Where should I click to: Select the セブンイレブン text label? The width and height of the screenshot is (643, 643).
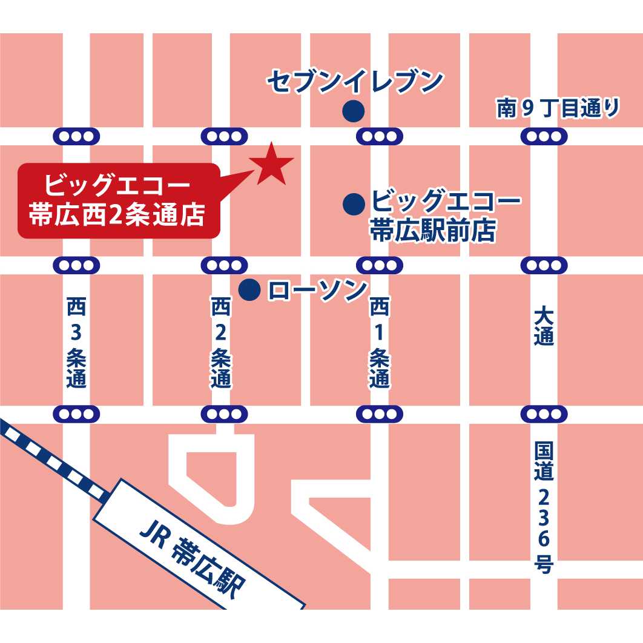point(356,82)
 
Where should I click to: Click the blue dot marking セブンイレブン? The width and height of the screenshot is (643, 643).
point(353,111)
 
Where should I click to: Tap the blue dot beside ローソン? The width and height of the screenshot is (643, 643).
point(249,290)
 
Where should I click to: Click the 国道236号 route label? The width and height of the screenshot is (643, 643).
point(544,507)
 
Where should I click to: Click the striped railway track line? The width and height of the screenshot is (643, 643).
point(54,460)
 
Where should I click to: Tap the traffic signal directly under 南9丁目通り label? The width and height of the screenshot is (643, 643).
point(544,136)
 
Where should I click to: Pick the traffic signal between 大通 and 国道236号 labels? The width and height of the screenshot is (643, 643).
point(544,415)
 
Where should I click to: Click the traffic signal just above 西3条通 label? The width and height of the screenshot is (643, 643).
point(77,265)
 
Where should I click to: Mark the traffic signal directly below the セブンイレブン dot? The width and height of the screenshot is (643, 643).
point(380,136)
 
